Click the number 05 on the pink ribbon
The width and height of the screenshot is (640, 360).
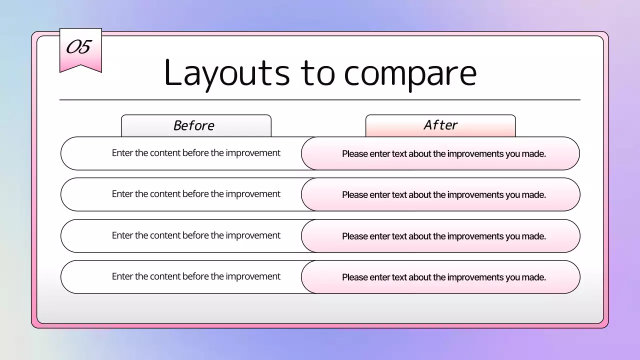coord(79,47)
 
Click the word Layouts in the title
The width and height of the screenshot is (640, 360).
coord(226,73)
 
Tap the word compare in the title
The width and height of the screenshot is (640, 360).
coord(410,73)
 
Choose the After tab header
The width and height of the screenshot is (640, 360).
coord(440,125)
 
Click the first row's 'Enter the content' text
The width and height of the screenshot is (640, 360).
coord(196,153)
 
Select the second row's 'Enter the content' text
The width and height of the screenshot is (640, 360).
coord(196,194)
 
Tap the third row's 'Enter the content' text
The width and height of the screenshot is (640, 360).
coord(196,235)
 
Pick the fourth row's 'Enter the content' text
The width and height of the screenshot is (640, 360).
coord(196,276)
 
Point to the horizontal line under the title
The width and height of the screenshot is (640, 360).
coord(320,100)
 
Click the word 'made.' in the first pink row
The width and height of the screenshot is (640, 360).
coord(534,154)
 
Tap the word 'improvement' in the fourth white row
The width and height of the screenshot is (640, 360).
coord(253,276)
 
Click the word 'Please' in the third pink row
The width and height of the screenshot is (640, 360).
coord(355,236)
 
